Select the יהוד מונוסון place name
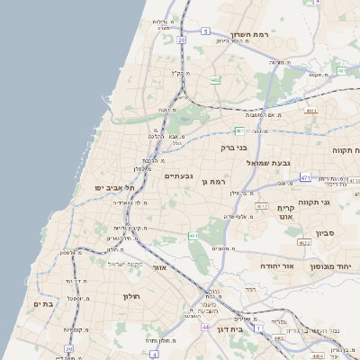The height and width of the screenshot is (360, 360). (x=329, y=267)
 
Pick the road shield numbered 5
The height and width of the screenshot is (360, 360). (x=205, y=31)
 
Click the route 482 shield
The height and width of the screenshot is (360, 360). (x=215, y=80)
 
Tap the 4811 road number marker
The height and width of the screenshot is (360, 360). (x=311, y=111)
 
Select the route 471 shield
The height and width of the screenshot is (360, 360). (x=306, y=178)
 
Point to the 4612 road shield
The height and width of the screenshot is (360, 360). (x=262, y=206)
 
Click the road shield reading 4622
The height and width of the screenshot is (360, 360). (x=304, y=242)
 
